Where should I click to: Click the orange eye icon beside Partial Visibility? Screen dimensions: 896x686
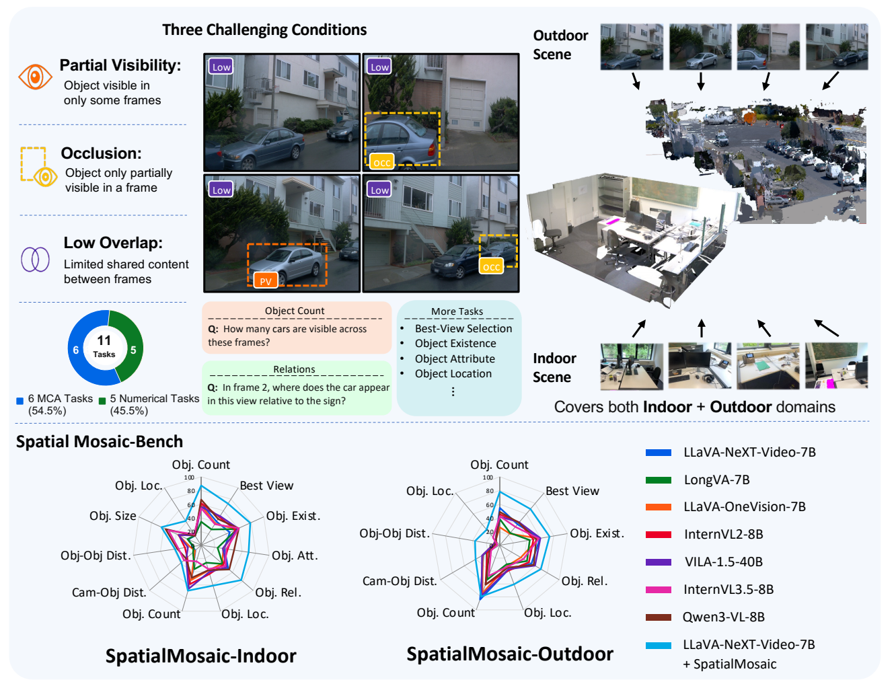tap(35, 77)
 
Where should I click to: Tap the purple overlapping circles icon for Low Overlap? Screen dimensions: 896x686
tap(35, 260)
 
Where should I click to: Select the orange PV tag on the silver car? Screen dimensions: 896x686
tap(265, 280)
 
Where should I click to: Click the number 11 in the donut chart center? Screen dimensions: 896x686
tap(104, 340)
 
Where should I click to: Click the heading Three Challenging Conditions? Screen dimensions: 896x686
tap(264, 30)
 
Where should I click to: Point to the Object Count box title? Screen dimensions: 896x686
tap(295, 311)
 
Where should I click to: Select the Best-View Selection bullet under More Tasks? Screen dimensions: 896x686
tap(463, 329)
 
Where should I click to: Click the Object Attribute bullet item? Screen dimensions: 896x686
tap(455, 358)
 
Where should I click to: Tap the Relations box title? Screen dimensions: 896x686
tap(294, 369)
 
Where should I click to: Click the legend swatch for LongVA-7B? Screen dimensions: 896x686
tap(658, 480)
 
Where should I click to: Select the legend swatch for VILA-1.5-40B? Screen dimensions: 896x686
tap(658, 562)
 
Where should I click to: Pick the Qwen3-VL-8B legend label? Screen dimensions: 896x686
tap(724, 617)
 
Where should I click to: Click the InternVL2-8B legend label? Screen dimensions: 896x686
tap(724, 534)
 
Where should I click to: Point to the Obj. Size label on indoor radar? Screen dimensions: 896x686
tap(112, 516)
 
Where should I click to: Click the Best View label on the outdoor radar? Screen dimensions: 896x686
tap(572, 490)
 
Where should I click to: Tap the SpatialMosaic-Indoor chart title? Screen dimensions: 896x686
tap(201, 656)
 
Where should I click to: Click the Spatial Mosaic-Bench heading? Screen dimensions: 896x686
tap(100, 441)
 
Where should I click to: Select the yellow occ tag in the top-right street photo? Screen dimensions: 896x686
tap(382, 162)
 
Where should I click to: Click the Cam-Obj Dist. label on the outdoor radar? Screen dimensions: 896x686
tap(399, 581)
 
